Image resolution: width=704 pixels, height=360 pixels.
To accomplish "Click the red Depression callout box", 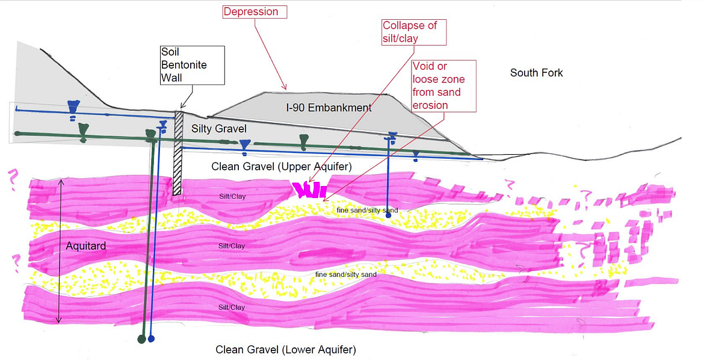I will [254, 11].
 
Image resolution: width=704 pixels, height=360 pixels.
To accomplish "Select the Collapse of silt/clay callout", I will [414, 32].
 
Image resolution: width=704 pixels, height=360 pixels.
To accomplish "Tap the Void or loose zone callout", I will [444, 85].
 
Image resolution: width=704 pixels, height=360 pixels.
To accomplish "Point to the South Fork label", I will [536, 73].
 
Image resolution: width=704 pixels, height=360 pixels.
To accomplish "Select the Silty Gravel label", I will [218, 129].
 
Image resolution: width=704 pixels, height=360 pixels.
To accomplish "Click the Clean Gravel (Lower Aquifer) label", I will [286, 349].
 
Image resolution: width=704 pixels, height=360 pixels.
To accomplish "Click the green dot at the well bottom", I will [141, 340].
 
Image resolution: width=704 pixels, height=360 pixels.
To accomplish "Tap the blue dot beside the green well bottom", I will [151, 339].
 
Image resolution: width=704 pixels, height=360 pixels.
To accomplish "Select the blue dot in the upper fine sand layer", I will [388, 215].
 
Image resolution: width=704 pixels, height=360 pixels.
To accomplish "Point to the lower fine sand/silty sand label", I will [346, 275].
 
